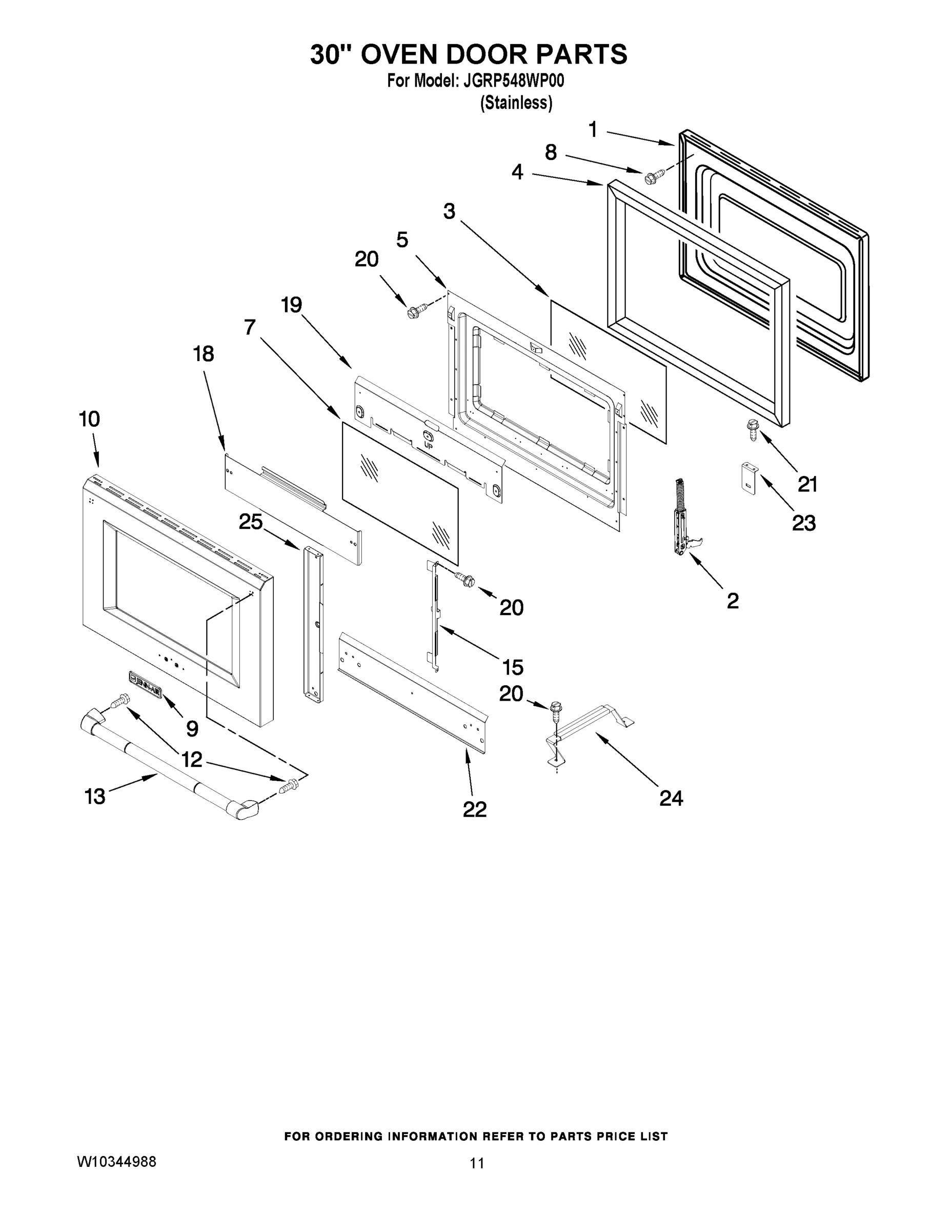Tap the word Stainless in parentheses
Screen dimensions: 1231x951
pyautogui.click(x=516, y=103)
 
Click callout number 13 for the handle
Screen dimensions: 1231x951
pyautogui.click(x=95, y=797)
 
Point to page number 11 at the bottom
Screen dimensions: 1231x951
pyautogui.click(x=477, y=1163)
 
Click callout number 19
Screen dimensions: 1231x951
pyautogui.click(x=291, y=305)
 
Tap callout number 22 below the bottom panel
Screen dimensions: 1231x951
pyautogui.click(x=474, y=809)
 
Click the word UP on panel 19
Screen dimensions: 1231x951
pyautogui.click(x=429, y=445)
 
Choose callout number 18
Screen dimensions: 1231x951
pyautogui.click(x=204, y=354)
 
